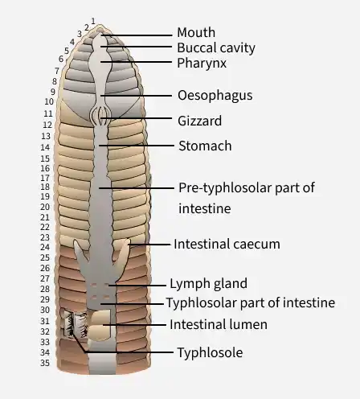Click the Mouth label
(196, 32)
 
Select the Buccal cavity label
(216, 48)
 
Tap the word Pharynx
(202, 64)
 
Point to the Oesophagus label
(215, 96)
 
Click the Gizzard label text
(199, 121)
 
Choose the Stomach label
(205, 146)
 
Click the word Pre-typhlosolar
(225, 187)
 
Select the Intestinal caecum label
(227, 244)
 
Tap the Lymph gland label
(208, 284)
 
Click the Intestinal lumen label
(219, 324)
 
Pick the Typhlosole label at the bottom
(211, 352)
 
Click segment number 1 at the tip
(93, 21)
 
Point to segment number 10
(49, 101)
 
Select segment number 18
(45, 187)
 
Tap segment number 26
(45, 268)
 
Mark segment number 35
(45, 363)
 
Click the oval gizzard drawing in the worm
(100, 116)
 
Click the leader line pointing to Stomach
(137, 146)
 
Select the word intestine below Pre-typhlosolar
(205, 208)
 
